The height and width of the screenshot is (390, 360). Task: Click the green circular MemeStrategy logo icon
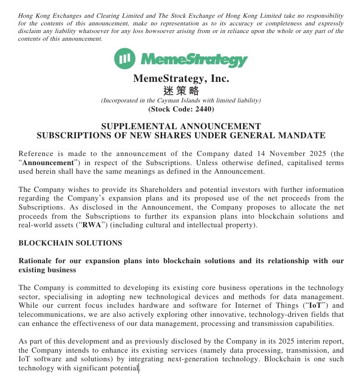pyautogui.click(x=125, y=59)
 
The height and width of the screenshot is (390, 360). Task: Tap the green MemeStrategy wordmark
pyautogui.click(x=195, y=60)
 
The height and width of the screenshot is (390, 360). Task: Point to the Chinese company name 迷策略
pyautogui.click(x=180, y=91)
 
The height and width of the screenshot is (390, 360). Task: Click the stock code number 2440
pyautogui.click(x=201, y=109)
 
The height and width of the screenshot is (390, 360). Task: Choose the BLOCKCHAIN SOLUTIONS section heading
pyautogui.click(x=70, y=243)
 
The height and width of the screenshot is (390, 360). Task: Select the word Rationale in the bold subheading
pyautogui.click(x=36, y=261)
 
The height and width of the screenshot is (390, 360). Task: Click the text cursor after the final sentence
pyautogui.click(x=139, y=368)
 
